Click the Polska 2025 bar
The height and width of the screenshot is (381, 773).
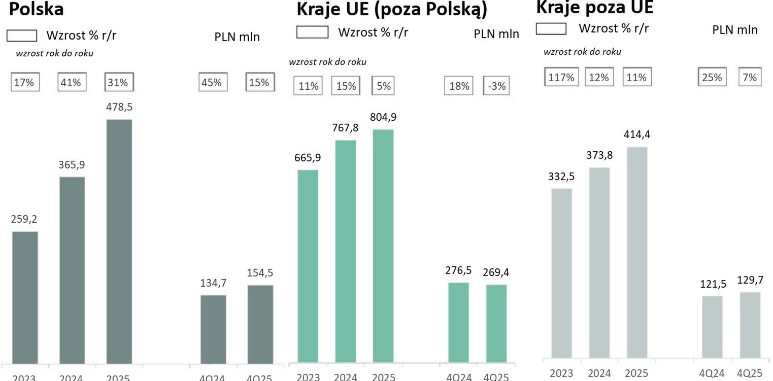[x=119, y=241]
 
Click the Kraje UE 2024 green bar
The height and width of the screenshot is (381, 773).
[x=346, y=251]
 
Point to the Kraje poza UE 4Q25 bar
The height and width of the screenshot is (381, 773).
[x=750, y=325]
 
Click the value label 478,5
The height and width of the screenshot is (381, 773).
[x=119, y=108]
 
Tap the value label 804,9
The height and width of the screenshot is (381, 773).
[x=384, y=117]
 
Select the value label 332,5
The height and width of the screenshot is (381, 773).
[x=561, y=177]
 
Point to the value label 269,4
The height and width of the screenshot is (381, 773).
[x=496, y=272]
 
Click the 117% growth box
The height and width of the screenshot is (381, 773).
[x=561, y=77]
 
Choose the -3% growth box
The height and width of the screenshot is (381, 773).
[x=496, y=86]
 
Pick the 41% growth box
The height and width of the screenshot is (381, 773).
[x=71, y=82]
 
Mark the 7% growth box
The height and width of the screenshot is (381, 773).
[x=750, y=77]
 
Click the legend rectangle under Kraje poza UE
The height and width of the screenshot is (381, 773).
[x=551, y=29]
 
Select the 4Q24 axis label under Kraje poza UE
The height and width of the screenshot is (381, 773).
[x=712, y=373]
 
